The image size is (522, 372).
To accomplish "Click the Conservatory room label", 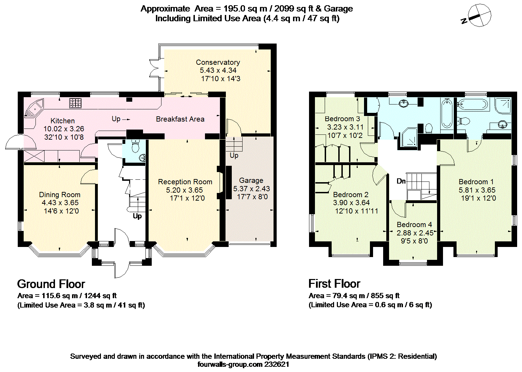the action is pyautogui.click(x=218, y=62).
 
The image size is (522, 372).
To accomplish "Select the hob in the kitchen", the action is pyautogui.click(x=75, y=103).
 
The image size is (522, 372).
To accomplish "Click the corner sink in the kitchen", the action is pyautogui.click(x=34, y=109).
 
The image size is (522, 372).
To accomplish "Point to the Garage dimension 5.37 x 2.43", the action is pyautogui.click(x=252, y=188).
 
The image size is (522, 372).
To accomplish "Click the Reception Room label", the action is pyautogui.click(x=185, y=182).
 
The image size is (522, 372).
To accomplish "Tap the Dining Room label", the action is pyautogui.click(x=60, y=194).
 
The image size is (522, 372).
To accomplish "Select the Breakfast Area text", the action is pyautogui.click(x=180, y=119).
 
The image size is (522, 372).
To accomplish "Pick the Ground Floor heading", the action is pyautogui.click(x=51, y=284).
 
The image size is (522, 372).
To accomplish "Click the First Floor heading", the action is pyautogui.click(x=334, y=284).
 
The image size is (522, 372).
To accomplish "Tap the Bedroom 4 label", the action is pyautogui.click(x=414, y=225).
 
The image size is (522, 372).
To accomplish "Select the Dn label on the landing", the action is pyautogui.click(x=401, y=181).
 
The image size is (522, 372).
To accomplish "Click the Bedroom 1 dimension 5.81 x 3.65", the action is pyautogui.click(x=477, y=190).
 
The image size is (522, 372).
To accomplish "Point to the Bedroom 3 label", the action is pyautogui.click(x=342, y=119).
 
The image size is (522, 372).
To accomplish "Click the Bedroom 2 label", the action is pyautogui.click(x=351, y=194).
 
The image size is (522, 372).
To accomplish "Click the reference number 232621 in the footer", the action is pyautogui.click(x=277, y=364).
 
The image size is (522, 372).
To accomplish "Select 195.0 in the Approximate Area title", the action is pyautogui.click(x=234, y=9).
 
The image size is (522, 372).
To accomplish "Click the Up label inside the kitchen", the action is pyautogui.click(x=116, y=119).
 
